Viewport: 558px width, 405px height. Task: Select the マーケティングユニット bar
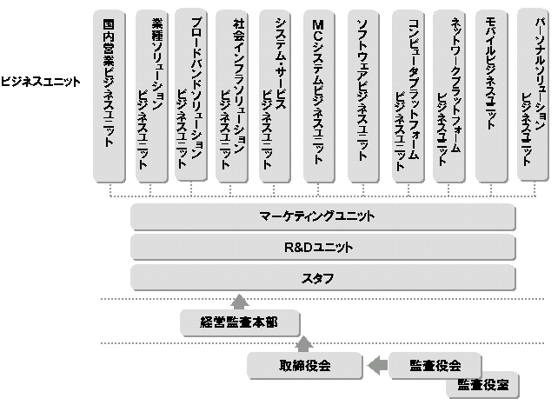coord(323,217)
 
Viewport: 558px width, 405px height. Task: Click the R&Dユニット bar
coord(323,248)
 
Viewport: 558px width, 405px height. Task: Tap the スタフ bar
coord(323,278)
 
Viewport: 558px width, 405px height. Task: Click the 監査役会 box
coord(435,365)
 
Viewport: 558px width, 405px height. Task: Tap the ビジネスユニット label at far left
coord(41,83)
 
